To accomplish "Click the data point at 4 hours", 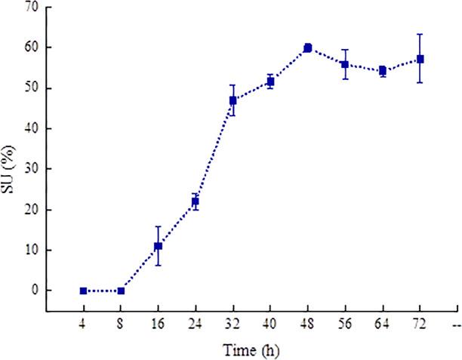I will pyautogui.click(x=83, y=291).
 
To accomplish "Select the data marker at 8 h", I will pyautogui.click(x=121, y=291).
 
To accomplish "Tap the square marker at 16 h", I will pyautogui.click(x=158, y=246).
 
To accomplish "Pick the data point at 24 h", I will pyautogui.click(x=196, y=202).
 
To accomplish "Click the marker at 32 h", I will pyautogui.click(x=233, y=100).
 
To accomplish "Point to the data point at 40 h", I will pyautogui.click(x=270, y=82).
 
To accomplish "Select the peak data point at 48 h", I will pyautogui.click(x=308, y=48).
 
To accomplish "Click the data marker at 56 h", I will pyautogui.click(x=345, y=64).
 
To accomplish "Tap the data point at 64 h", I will pyautogui.click(x=383, y=71).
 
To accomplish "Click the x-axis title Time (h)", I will pyautogui.click(x=251, y=350).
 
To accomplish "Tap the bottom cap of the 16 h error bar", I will pyautogui.click(x=158, y=265).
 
